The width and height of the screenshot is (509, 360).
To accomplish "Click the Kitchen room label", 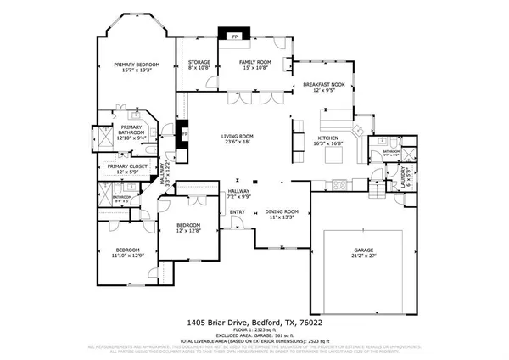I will [328, 138].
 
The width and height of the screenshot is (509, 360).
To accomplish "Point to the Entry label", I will [238, 212].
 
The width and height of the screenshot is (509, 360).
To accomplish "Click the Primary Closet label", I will [123, 166].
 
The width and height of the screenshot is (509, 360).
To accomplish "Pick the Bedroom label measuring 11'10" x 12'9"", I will [126, 250].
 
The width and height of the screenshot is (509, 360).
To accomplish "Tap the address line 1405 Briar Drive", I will [254, 322].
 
